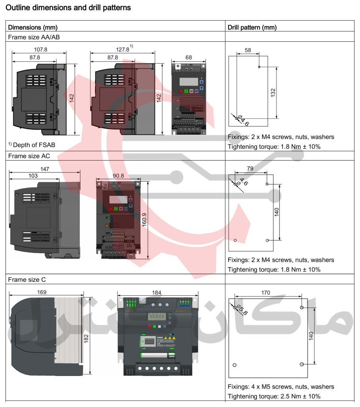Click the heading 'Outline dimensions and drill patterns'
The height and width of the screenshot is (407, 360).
(x=68, y=8)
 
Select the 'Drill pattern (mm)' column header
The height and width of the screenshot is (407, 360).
(x=252, y=27)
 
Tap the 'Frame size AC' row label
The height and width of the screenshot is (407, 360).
(x=29, y=156)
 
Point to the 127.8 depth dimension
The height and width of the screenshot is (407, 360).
(x=122, y=50)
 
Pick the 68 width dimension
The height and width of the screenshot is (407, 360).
(x=188, y=57)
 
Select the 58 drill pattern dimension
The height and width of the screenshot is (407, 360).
(x=248, y=50)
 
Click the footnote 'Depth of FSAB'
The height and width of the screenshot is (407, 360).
(x=34, y=145)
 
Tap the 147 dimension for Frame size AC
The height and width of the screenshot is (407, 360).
(x=45, y=169)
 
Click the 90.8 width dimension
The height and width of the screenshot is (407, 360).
(x=118, y=175)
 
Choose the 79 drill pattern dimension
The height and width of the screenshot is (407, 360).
(x=250, y=169)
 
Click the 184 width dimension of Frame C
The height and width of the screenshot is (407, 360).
(x=158, y=292)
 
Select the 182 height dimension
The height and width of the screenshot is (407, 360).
(x=86, y=337)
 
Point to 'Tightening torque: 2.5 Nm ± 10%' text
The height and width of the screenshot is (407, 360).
(x=274, y=396)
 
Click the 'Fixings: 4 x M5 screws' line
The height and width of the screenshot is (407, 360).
(x=281, y=386)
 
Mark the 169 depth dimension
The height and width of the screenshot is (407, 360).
(x=42, y=292)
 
